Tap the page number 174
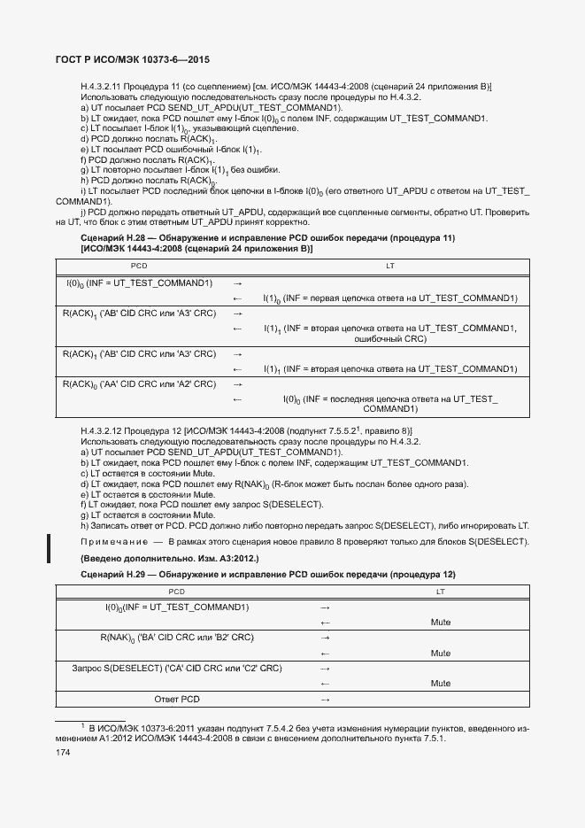tap(64, 752)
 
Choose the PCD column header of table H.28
tap(140, 266)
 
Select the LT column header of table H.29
tap(440, 591)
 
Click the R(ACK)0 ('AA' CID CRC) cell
tap(140, 384)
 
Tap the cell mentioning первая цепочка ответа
tap(390, 298)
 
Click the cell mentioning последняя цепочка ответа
tap(390, 404)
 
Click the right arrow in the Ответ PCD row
tap(324, 700)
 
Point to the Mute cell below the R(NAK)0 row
tap(440, 653)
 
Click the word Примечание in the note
tap(112, 541)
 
